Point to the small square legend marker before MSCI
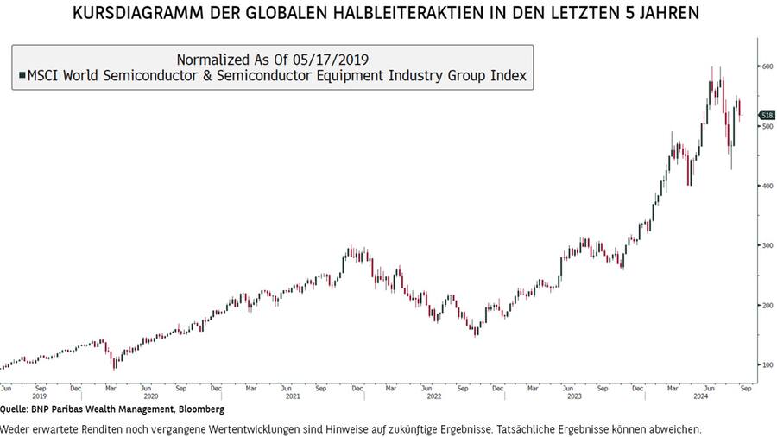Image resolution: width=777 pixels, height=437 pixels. (x=22, y=77)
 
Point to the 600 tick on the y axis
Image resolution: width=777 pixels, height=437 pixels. (x=766, y=66)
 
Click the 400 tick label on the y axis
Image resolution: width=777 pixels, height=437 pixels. (x=766, y=186)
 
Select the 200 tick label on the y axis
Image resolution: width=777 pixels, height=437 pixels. (x=766, y=305)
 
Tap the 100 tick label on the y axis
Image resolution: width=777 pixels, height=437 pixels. (x=766, y=364)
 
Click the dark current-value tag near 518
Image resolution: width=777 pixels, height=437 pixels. (x=766, y=115)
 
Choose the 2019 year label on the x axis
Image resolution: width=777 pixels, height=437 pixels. (x=39, y=396)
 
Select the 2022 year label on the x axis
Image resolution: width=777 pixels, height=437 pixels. (x=434, y=396)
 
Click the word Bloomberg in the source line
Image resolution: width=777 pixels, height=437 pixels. (x=201, y=409)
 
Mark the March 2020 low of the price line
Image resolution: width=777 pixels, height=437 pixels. (x=116, y=366)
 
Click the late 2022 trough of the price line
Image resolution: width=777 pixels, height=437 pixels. (x=476, y=333)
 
